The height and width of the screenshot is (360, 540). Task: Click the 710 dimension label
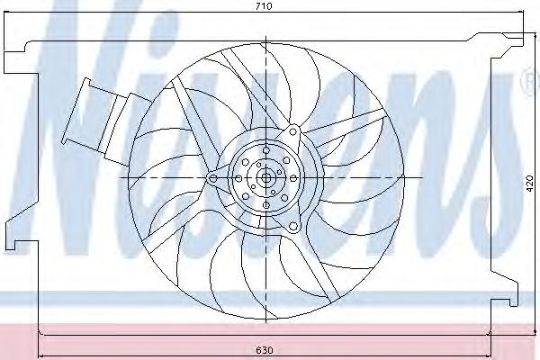[x=265, y=6]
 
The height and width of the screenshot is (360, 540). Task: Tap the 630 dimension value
[x=265, y=350]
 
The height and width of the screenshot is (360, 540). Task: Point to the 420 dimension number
[x=530, y=184]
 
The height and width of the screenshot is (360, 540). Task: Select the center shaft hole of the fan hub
[x=265, y=178]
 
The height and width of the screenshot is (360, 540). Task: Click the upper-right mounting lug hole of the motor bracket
[x=292, y=131]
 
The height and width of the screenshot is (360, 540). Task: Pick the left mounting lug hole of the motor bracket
[x=212, y=178]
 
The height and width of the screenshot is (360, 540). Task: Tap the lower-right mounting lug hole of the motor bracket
[x=293, y=226]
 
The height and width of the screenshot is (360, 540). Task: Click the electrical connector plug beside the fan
[x=107, y=120]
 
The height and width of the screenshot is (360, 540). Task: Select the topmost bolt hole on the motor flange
[x=265, y=150]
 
